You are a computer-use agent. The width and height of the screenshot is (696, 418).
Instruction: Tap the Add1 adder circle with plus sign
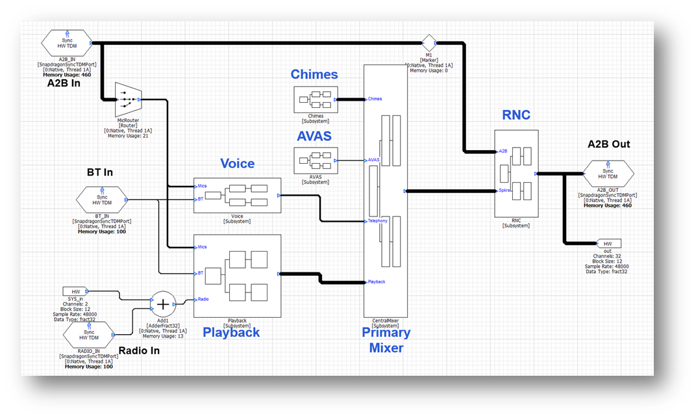[163, 304]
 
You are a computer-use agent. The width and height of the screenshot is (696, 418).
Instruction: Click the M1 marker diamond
[429, 44]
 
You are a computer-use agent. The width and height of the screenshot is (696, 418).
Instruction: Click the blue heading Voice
[237, 164]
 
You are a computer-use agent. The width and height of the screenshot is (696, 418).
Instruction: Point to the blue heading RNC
[516, 115]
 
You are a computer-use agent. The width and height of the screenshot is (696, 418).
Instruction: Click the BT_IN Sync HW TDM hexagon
[103, 200]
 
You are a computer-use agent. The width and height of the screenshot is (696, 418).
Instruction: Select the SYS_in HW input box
[76, 291]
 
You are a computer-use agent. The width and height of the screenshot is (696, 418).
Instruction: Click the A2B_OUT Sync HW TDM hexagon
[609, 174]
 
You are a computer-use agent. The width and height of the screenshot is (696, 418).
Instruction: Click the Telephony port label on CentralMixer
[377, 221]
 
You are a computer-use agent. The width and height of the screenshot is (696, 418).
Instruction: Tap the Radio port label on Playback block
[203, 300]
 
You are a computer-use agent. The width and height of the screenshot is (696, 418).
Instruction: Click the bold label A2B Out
[608, 144]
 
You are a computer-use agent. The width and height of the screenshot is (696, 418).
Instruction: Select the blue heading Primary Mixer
[386, 340]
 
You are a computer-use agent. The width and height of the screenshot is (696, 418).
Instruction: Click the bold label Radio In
[139, 351]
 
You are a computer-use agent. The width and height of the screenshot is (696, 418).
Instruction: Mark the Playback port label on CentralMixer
[376, 281]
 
